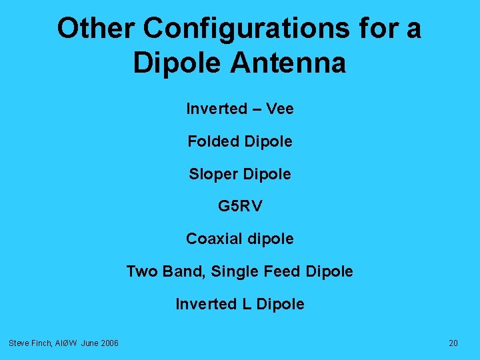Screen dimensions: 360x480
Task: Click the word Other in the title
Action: coord(95,29)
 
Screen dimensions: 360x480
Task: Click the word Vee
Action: coord(279,109)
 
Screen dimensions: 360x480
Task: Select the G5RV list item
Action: coord(240,207)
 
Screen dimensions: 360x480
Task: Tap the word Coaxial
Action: coord(213,239)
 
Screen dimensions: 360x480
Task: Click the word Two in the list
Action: coord(141,271)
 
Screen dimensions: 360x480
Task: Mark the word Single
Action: coord(233,272)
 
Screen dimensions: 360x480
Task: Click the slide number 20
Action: coord(453,343)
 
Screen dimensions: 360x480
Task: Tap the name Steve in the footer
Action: coord(19,343)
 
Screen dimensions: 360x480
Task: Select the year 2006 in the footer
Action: coord(110,343)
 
